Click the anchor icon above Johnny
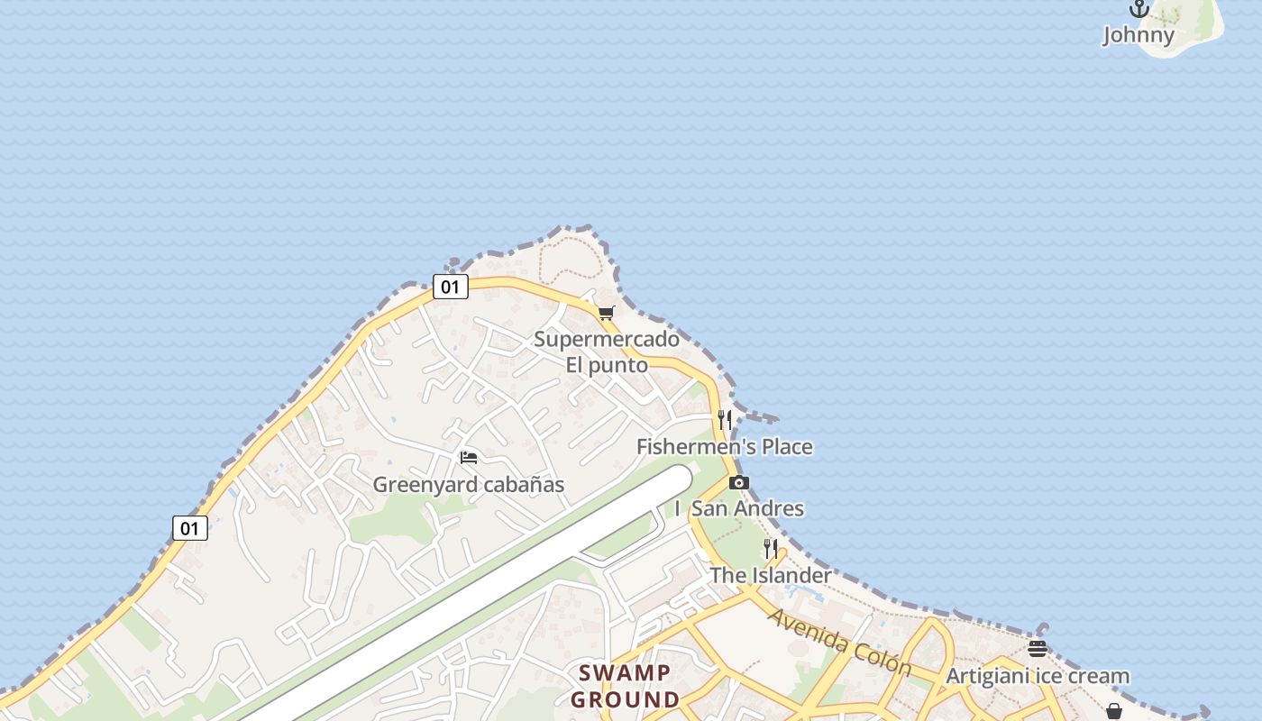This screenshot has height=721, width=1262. click(x=1139, y=9)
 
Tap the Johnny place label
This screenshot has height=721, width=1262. click(x=1139, y=35)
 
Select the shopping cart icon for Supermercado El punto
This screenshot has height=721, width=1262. click(x=606, y=314)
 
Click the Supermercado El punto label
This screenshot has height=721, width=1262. click(x=607, y=352)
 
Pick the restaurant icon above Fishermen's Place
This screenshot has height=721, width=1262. click(x=725, y=420)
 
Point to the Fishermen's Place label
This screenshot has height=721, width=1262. click(x=724, y=446)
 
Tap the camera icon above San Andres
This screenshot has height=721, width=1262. click(x=738, y=482)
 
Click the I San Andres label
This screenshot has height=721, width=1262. click(x=739, y=508)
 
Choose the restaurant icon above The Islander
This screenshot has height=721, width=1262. click(x=770, y=549)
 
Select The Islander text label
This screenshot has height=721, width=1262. click(x=770, y=575)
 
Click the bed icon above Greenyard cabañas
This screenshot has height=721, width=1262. click(x=469, y=458)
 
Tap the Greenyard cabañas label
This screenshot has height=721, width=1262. click(x=469, y=485)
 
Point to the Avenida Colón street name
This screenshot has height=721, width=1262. click(x=839, y=642)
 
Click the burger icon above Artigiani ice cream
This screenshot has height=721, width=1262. click(x=1038, y=649)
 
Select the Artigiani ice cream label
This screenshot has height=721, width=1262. click(x=1038, y=676)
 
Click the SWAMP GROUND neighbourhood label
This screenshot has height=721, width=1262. click(x=625, y=686)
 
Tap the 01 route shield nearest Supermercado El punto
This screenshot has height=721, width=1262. click(x=450, y=287)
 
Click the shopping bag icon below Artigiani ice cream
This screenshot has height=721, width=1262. click(x=1113, y=711)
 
